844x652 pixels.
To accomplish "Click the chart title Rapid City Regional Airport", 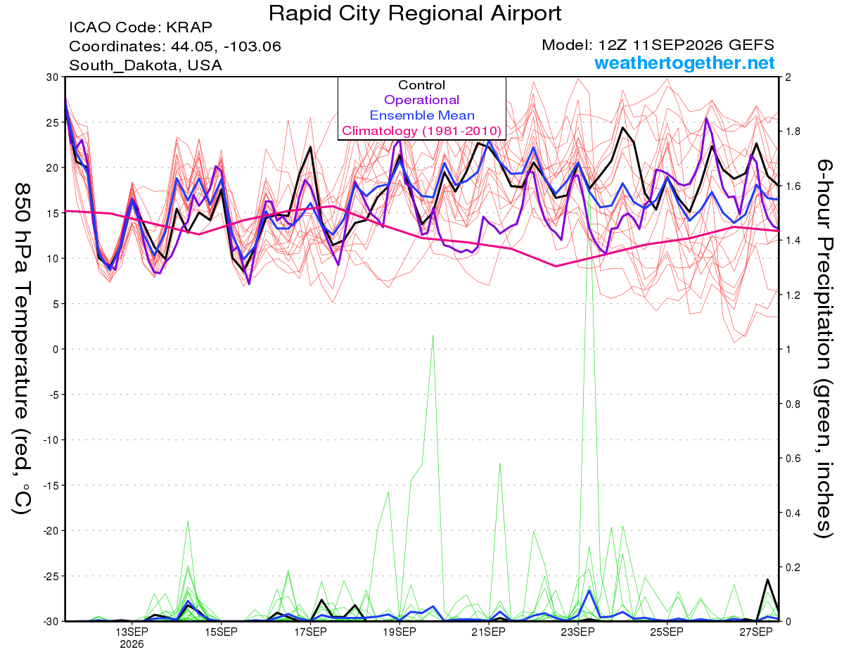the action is (x=415, y=13).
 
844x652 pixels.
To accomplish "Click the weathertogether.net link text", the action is (x=684, y=63).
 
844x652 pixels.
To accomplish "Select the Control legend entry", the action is (x=421, y=85).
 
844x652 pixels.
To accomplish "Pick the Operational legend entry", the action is (x=421, y=100).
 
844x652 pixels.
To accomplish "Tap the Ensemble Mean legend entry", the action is (x=422, y=115).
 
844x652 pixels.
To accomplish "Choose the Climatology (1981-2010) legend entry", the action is (x=421, y=131).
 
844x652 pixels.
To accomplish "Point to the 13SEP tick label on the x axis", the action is (x=132, y=632).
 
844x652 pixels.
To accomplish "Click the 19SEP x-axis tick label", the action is (x=399, y=632).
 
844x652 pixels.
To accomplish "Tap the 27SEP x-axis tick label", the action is (x=756, y=632).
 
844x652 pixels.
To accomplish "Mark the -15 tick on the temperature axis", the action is (x=51, y=485).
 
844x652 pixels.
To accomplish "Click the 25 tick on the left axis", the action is (x=53, y=122).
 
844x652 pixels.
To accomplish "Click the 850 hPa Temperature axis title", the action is (x=22, y=348).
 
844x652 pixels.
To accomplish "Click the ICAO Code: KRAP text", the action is (x=141, y=27).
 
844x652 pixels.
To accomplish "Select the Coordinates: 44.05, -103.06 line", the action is (x=175, y=46).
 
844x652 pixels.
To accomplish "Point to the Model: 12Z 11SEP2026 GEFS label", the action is (x=658, y=45).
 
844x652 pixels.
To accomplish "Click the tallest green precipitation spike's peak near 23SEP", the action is (x=589, y=171).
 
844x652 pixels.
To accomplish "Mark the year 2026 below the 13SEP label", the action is (x=132, y=645).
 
